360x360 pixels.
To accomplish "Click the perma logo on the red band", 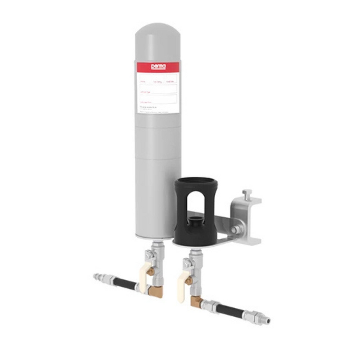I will (158, 67).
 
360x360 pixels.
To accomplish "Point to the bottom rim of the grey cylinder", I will (153, 238).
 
